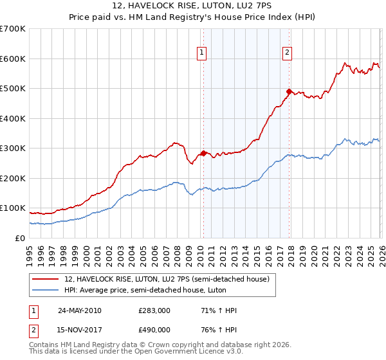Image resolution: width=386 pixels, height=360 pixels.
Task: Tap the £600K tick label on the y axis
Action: pos(13,59)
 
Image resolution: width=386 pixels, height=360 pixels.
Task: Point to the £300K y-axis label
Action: pos(13,148)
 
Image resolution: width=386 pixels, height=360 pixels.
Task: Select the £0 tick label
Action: pos(21,238)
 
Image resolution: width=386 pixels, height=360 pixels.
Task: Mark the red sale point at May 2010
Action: pos(204,153)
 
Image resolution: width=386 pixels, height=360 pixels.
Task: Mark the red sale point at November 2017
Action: pos(289,91)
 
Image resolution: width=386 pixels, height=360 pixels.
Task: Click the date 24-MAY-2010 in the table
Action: pos(80,310)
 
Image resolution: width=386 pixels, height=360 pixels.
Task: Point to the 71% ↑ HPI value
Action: pos(219,310)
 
